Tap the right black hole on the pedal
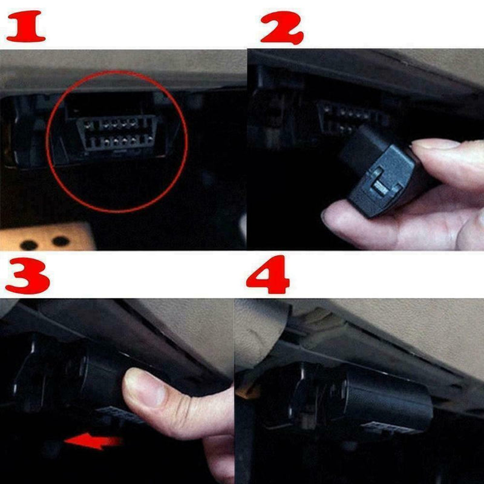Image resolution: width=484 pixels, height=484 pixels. tap(60, 241)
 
